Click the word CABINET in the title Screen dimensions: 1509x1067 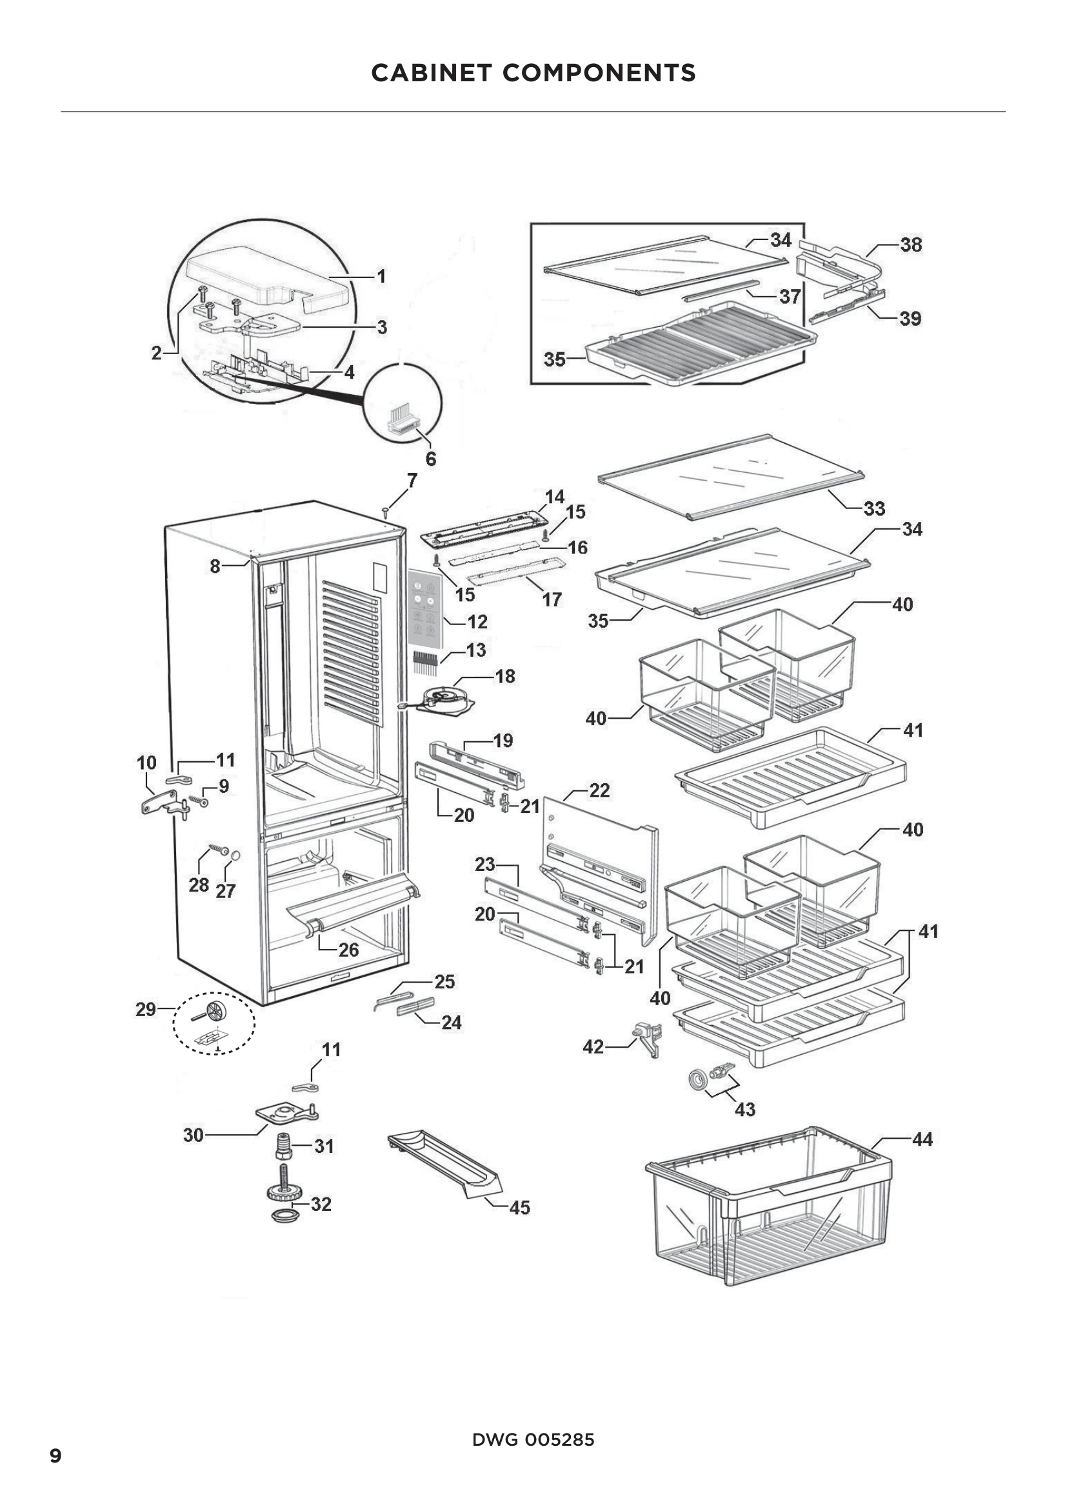[431, 73]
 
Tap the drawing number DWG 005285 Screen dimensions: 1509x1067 [533, 1440]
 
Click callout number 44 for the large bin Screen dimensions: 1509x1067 [922, 1139]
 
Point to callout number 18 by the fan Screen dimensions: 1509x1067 [504, 676]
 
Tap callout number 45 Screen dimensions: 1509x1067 [519, 1208]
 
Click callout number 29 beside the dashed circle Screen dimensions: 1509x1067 [146, 1010]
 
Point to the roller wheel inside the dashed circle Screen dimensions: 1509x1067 [216, 1012]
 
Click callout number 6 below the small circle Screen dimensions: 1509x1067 [431, 459]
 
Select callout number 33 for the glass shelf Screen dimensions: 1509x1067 [874, 508]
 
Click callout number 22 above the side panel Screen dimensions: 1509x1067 [599, 791]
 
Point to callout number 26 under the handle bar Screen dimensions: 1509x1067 [348, 950]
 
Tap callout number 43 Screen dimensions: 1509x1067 [744, 1110]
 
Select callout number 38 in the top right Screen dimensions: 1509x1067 [911, 245]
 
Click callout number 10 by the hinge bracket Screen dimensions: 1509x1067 [146, 763]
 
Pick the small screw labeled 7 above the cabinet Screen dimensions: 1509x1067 [386, 510]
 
